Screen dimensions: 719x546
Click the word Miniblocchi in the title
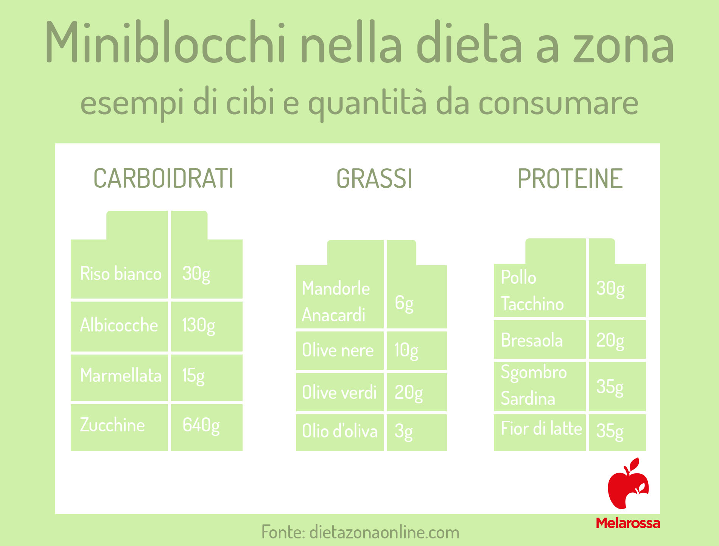point(165,42)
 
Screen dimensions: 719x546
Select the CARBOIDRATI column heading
point(163,178)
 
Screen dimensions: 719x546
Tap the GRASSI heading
point(374,178)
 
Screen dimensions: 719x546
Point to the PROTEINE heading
point(570,178)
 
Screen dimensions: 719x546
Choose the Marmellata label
point(121,375)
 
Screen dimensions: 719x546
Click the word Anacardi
point(333,315)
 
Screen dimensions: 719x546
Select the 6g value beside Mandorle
point(404,303)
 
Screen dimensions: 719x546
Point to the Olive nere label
point(338,350)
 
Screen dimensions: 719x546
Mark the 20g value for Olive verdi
point(409,393)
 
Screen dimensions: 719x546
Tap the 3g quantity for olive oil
point(403,432)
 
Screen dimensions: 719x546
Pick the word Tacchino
point(532,304)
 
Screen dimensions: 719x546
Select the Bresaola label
point(532,340)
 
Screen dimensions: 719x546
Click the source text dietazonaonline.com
point(384,532)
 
